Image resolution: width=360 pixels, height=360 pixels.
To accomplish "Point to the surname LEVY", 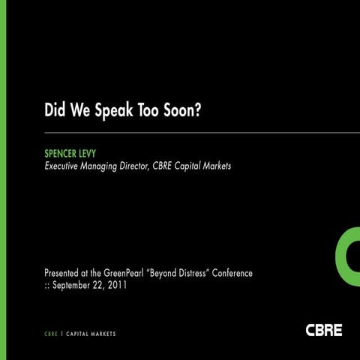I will pos(100,153).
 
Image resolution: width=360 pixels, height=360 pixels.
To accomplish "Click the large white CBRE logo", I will pos(323,328).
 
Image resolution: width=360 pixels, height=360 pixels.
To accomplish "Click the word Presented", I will pos(64,273).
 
